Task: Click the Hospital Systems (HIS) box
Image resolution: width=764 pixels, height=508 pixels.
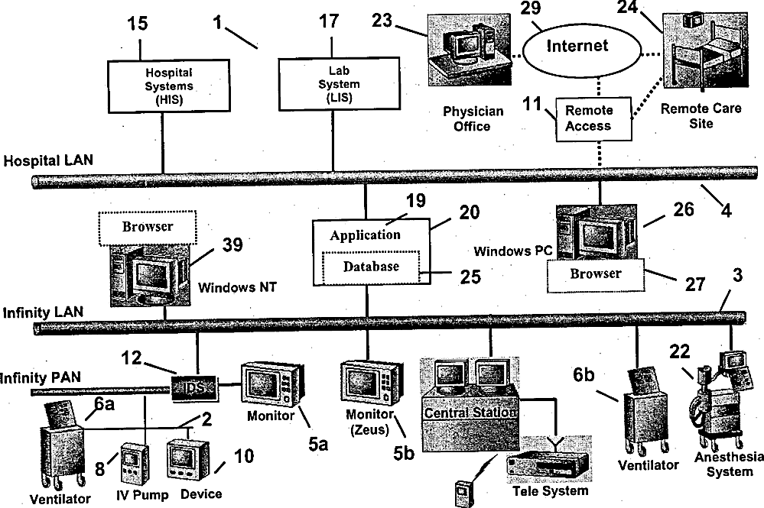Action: (168, 86)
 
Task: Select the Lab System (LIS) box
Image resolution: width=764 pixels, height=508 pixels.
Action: (339, 84)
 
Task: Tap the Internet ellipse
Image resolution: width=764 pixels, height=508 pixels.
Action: (581, 50)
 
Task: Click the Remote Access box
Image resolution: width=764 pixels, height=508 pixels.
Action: (594, 118)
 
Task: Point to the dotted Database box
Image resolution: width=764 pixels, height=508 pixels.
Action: (371, 267)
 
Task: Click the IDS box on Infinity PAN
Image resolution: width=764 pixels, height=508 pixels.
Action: (193, 388)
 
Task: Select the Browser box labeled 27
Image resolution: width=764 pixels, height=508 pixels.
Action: (596, 275)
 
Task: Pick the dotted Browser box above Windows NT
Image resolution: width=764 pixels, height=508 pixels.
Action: (148, 227)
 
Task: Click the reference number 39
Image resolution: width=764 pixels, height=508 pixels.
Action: (232, 244)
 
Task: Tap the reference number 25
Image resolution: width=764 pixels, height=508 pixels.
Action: (470, 277)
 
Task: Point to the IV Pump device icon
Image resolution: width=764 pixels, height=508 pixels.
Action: (134, 464)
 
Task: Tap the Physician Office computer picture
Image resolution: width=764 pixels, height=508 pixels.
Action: (470, 50)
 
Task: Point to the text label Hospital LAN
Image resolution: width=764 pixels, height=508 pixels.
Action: (47, 160)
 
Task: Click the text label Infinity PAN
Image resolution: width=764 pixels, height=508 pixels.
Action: (41, 377)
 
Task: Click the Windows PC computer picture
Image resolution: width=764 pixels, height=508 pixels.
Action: (597, 232)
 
